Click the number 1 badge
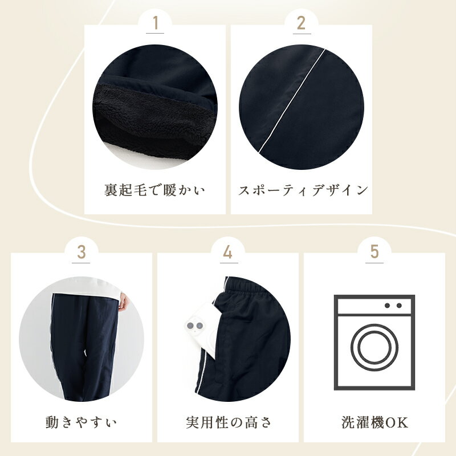pos(155,23)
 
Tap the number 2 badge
pos(302,23)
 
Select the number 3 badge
pos(82,252)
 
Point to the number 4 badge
pos(228,252)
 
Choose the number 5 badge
pos(374,252)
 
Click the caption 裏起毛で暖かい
pos(154,190)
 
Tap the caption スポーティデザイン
pos(303,190)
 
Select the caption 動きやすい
pos(81,422)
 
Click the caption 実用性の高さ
pos(229,422)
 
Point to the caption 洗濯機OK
pos(374,422)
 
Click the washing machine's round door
pos(374,347)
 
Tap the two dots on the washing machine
pos(393,306)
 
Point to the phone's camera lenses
pos(195,325)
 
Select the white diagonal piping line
pos(291,101)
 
